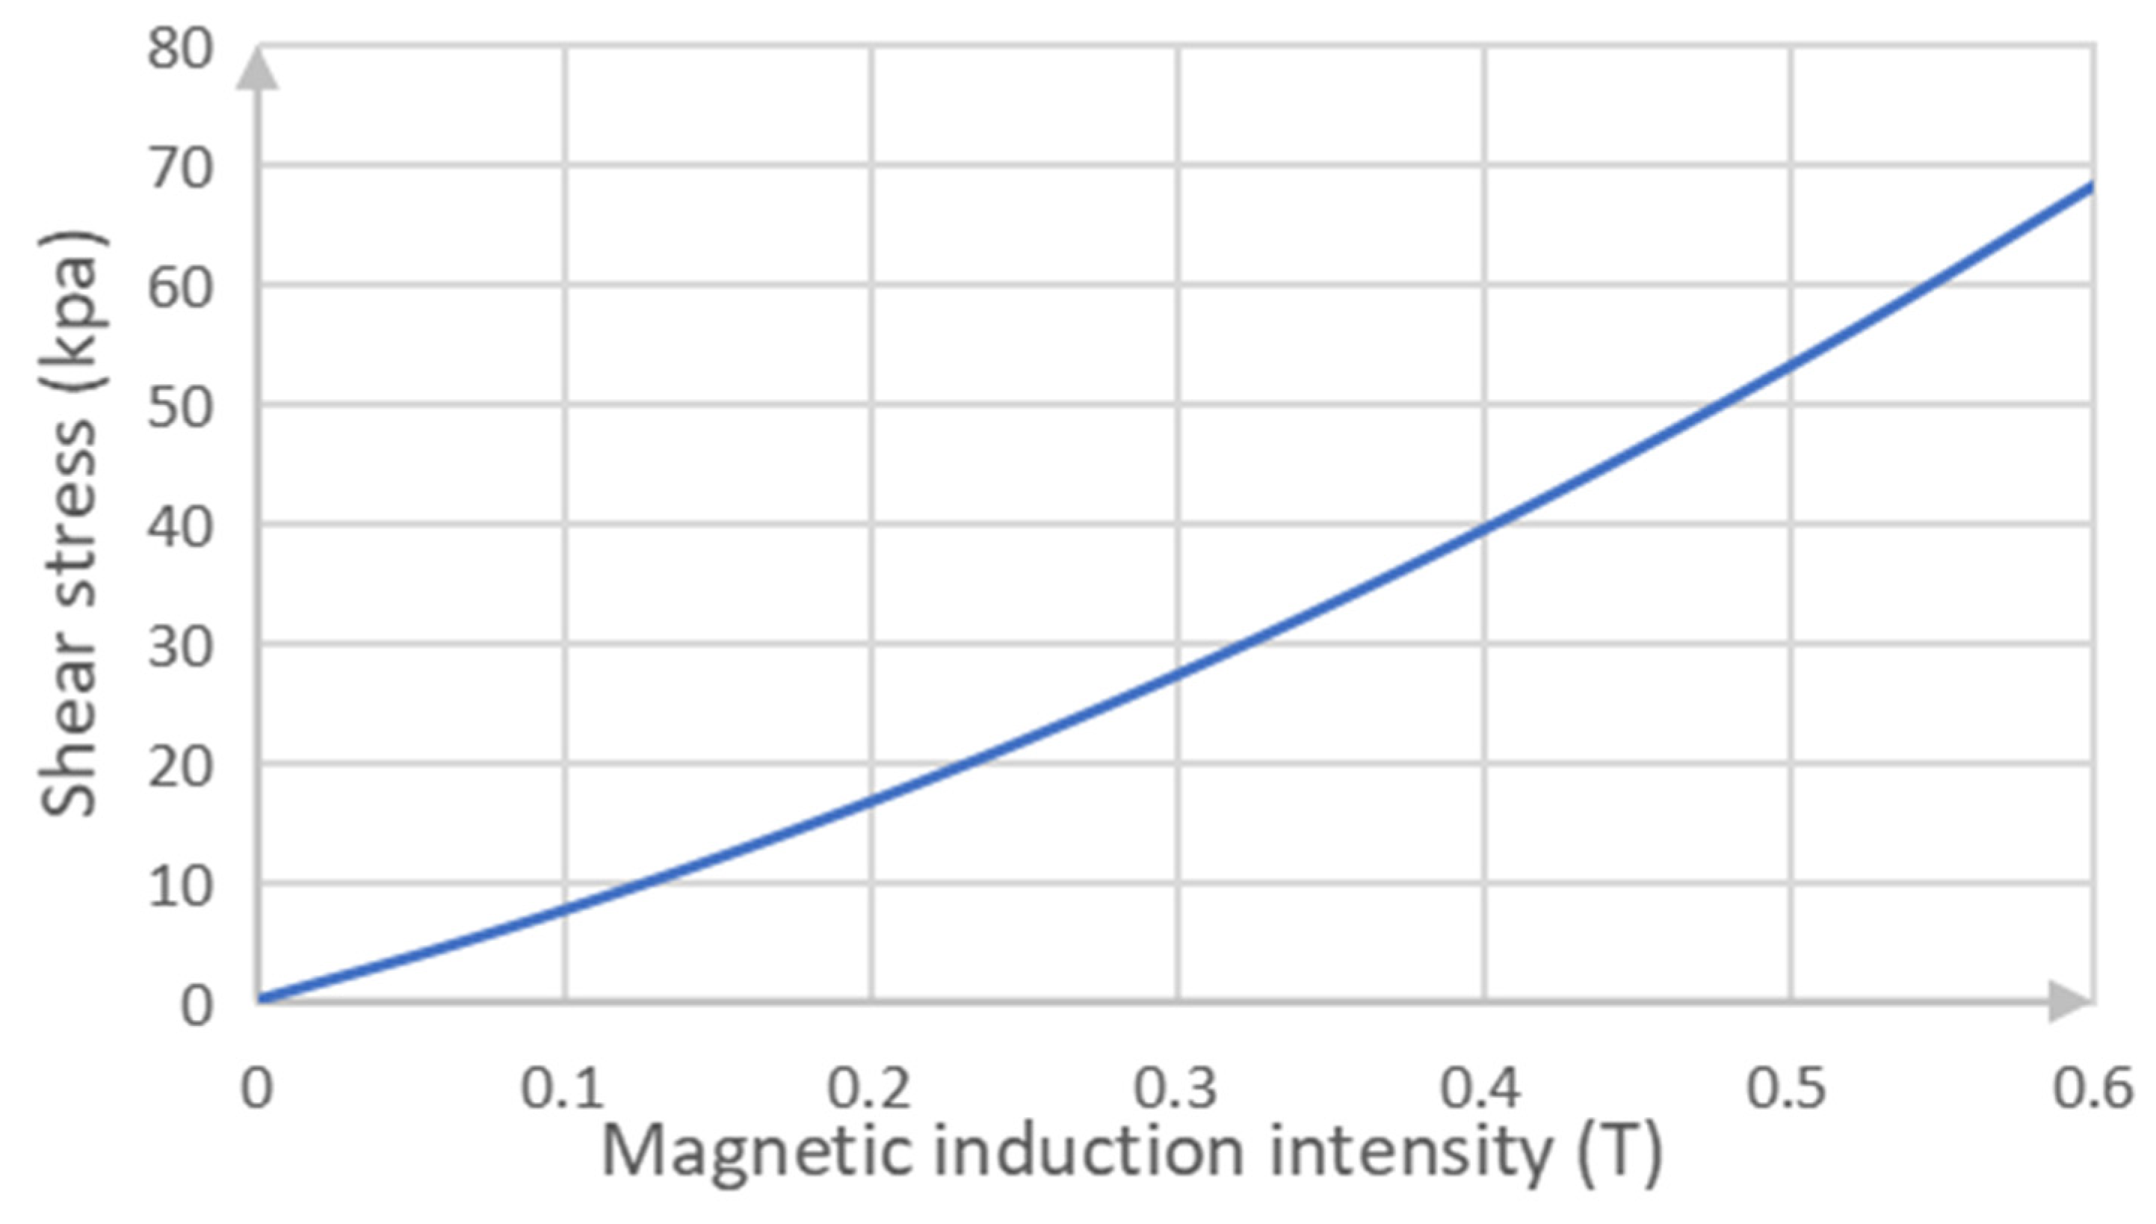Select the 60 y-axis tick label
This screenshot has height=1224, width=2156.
tap(180, 289)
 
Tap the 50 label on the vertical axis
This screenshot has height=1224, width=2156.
tap(180, 409)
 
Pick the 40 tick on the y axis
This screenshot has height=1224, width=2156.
tap(180, 529)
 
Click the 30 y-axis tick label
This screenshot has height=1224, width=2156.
tap(180, 648)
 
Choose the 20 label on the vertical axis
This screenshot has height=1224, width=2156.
tap(180, 767)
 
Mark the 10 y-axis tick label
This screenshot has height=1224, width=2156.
tap(180, 888)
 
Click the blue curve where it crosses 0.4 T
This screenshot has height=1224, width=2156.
tap(1484, 527)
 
